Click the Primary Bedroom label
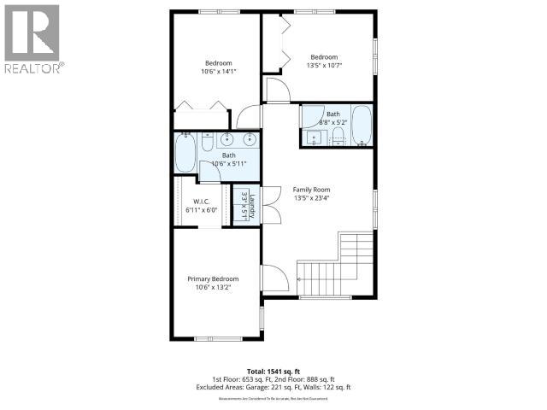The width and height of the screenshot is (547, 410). tap(213, 279)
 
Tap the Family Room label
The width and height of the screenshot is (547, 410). tap(311, 190)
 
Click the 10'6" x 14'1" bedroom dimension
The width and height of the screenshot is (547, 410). tap(218, 72)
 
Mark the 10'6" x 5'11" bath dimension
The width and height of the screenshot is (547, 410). tap(228, 163)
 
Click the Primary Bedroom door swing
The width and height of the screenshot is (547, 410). tap(273, 278)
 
